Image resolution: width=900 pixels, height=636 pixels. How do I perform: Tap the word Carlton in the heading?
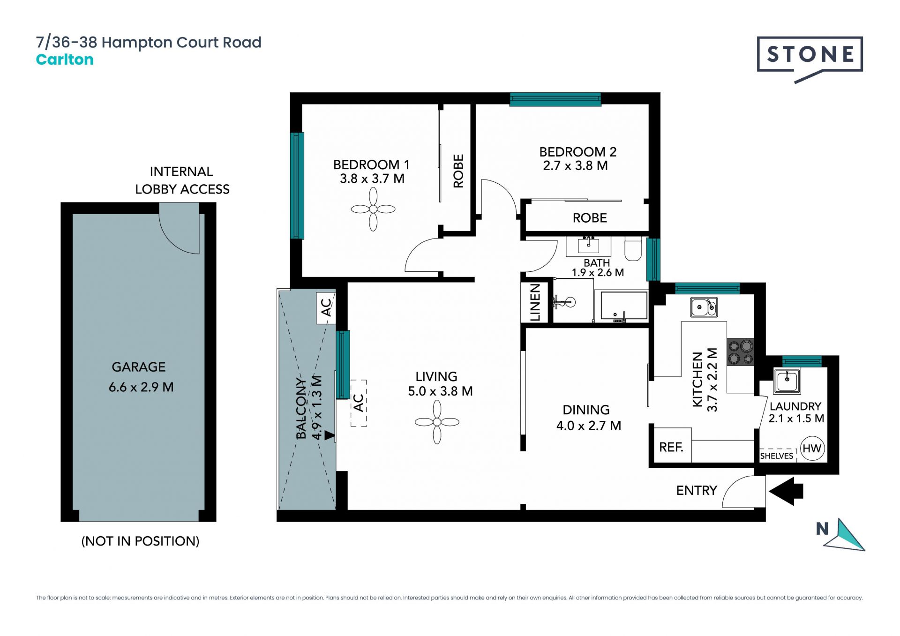click(65, 60)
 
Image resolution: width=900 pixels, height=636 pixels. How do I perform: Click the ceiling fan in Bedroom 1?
click(373, 209)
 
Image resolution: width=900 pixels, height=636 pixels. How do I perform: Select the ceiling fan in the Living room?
click(437, 422)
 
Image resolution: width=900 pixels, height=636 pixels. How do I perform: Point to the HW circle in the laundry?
click(812, 449)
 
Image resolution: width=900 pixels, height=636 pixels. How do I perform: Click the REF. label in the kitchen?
click(671, 447)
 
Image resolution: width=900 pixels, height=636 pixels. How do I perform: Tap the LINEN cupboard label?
click(535, 302)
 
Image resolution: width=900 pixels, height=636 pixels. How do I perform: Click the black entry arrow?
click(786, 491)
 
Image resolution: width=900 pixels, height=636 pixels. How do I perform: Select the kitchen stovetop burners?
click(741, 352)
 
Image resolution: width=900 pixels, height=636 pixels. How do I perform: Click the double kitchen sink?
click(704, 307)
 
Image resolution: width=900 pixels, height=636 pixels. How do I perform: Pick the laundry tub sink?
click(787, 381)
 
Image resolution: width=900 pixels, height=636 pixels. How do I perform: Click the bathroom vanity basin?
click(588, 246)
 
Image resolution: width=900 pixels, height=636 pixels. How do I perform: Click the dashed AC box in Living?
click(359, 403)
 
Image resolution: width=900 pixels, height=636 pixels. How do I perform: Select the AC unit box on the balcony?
click(326, 308)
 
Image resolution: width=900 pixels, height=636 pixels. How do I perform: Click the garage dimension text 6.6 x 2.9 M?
click(141, 387)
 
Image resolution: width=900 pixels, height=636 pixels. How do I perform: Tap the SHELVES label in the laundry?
click(777, 456)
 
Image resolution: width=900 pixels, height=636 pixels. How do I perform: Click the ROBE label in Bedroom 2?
click(590, 218)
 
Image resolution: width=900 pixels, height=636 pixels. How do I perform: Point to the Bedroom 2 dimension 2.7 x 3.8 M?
click(576, 165)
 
